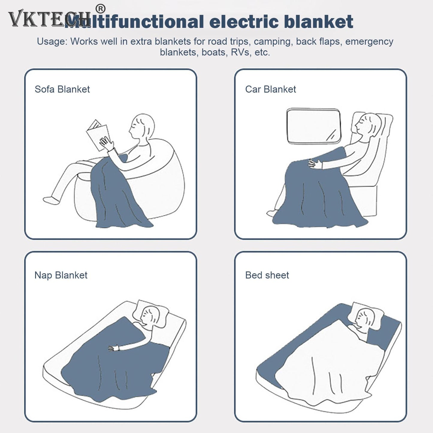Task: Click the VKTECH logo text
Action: point(48,19)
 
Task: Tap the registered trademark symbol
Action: point(100,9)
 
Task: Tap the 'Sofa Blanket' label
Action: point(62,89)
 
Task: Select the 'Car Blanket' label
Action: point(270,89)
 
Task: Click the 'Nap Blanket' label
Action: point(61,275)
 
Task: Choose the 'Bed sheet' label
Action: point(267,275)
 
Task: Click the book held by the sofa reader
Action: point(97,135)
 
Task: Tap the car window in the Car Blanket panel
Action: point(313,126)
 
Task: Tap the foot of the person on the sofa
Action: point(51,200)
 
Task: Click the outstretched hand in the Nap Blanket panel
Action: point(113,348)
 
